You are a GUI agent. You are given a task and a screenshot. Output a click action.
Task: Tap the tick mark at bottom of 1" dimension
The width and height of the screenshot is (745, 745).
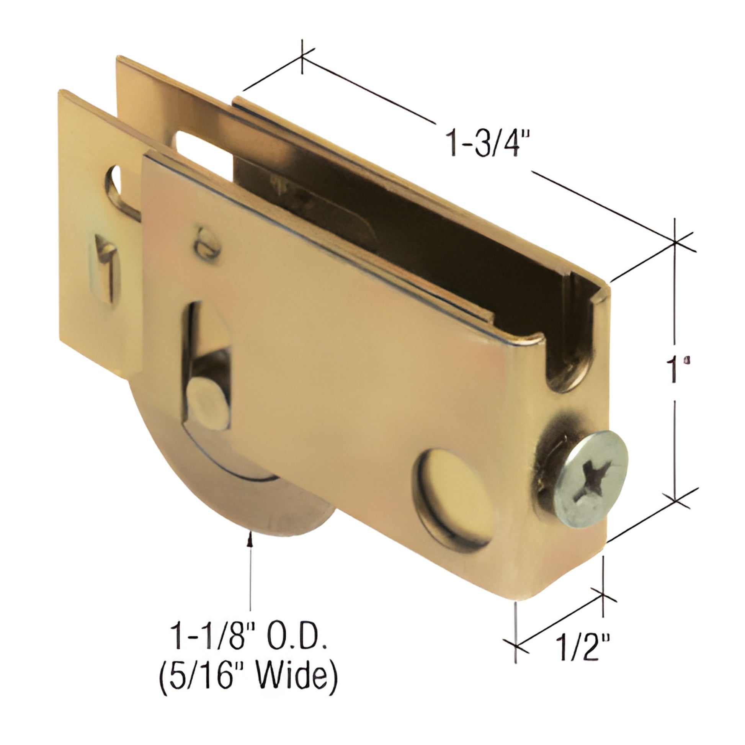click(x=676, y=500)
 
